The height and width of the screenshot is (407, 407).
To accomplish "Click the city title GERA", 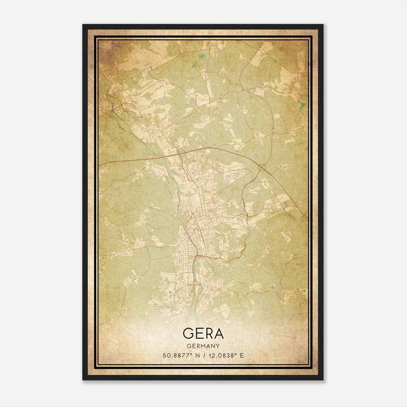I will (x=203, y=334).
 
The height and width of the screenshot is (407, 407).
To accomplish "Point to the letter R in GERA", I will (x=209, y=334).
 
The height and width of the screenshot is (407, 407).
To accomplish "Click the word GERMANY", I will (x=203, y=346).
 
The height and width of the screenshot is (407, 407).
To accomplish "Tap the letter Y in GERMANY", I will (x=218, y=346).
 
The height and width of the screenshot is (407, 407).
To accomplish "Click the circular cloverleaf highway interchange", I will (x=262, y=167).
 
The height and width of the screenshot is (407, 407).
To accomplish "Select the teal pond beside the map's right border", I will (x=302, y=104).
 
